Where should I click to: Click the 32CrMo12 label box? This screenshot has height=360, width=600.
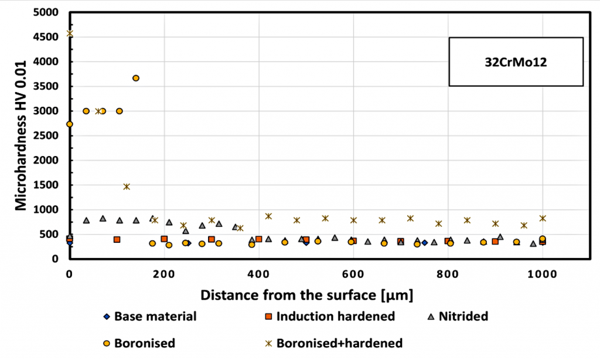click(516, 61)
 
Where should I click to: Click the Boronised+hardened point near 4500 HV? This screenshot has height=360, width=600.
click(70, 33)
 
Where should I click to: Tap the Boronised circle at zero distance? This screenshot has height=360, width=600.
click(70, 124)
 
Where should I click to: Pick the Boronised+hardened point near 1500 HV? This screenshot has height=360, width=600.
click(127, 186)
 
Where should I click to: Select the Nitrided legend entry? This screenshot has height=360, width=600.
click(457, 317)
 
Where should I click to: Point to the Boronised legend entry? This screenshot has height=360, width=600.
click(138, 342)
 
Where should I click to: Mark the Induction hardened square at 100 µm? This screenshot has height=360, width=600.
click(117, 239)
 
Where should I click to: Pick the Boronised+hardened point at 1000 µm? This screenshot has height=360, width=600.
click(543, 218)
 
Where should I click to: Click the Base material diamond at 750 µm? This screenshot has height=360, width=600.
click(424, 242)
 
